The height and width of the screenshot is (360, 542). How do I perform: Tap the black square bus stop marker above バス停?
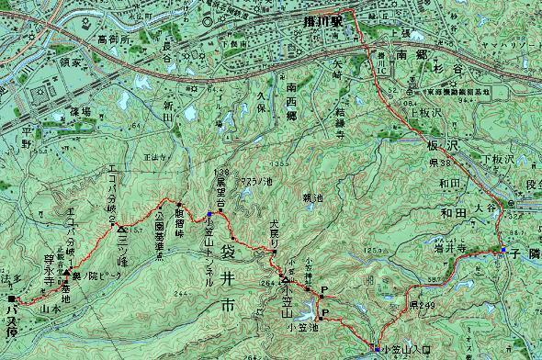click(11, 299)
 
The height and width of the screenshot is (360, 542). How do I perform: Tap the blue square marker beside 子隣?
click(503, 250)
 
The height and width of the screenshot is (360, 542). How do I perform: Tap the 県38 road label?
click(437, 162)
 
